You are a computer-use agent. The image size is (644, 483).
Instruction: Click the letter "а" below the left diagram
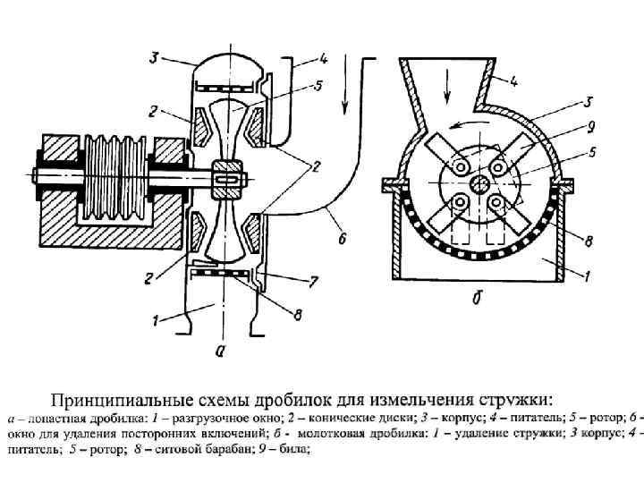click(221, 351)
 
